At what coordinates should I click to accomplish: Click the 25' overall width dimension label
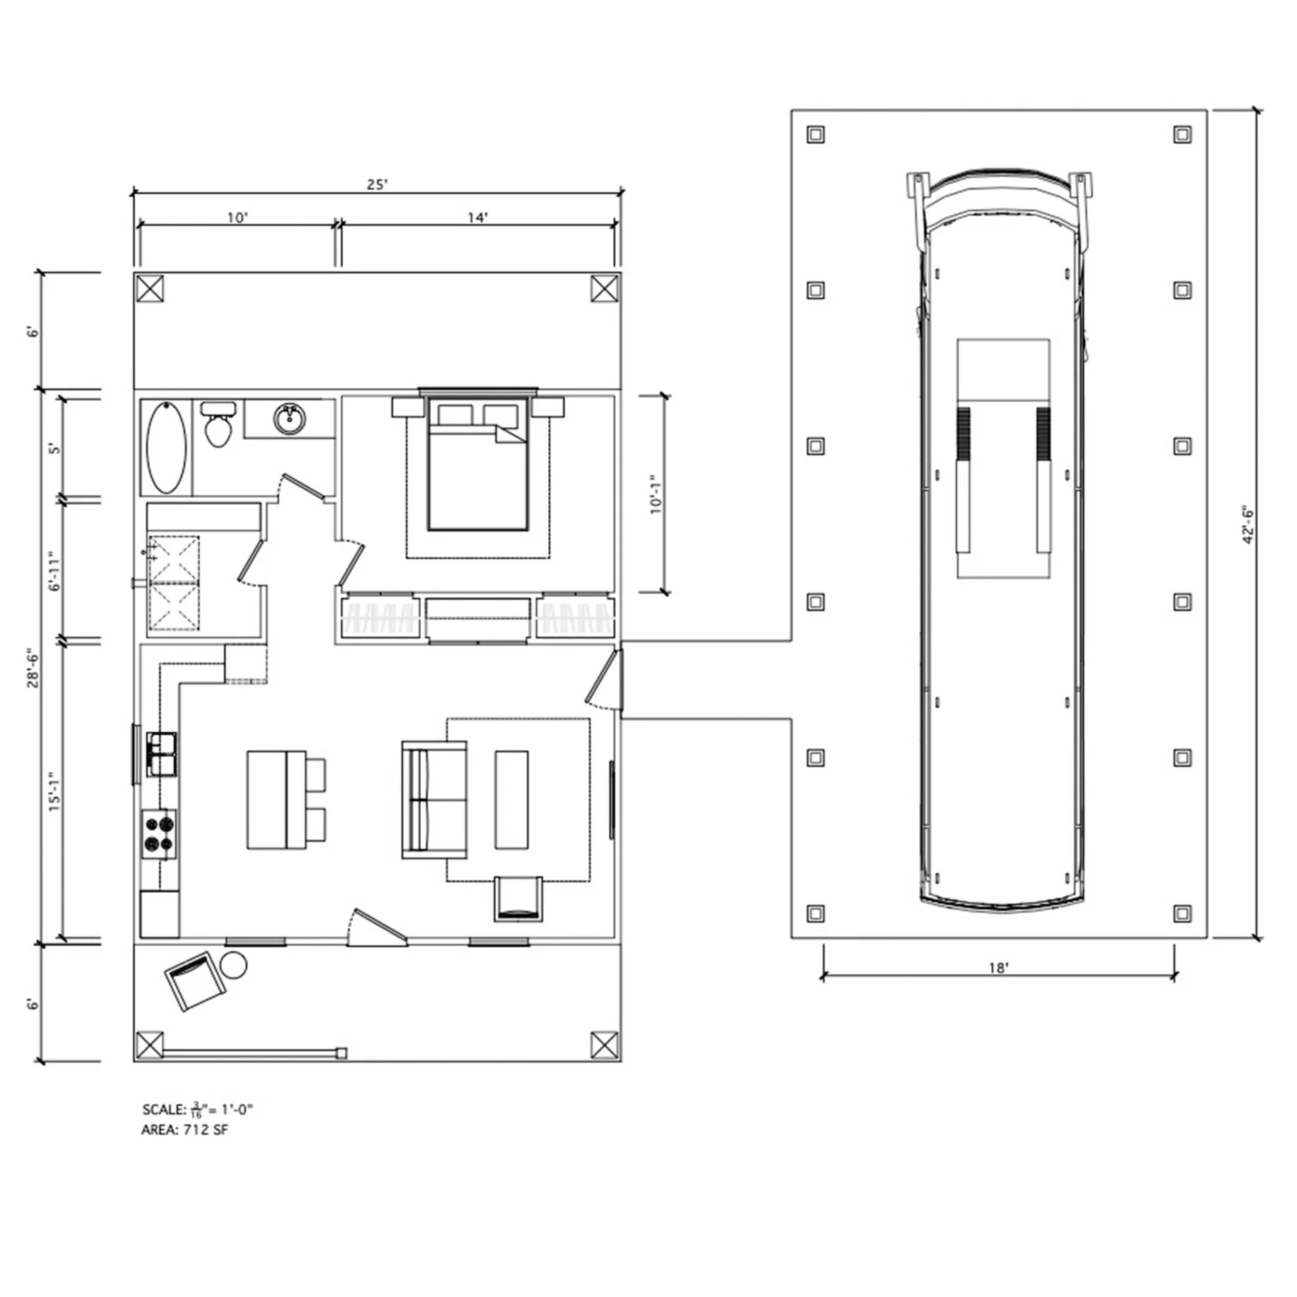377,184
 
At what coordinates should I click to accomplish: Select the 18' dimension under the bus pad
997,967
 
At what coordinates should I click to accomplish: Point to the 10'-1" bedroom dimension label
656,494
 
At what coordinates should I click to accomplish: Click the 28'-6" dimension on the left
33,668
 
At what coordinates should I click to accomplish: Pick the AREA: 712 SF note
184,1130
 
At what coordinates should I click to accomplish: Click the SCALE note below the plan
197,1109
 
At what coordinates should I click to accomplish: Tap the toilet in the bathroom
218,424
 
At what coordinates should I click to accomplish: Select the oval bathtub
167,447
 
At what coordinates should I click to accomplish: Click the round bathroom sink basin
290,420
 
